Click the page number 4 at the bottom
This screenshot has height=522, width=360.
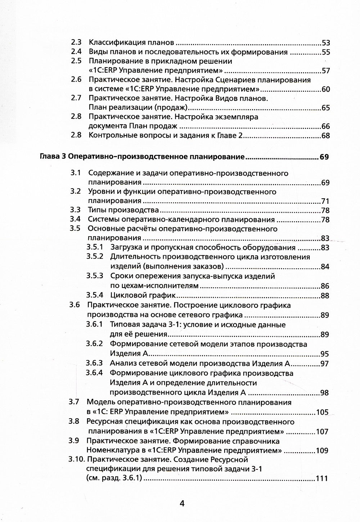tap(182, 503)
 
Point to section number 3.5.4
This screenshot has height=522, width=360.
tap(95, 296)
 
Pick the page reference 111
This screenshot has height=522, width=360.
tap(321, 479)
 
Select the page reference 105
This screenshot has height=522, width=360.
tap(322, 412)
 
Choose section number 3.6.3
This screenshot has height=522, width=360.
tap(94, 363)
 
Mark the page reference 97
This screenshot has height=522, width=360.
tap(325, 364)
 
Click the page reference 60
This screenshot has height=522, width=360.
tap(326, 89)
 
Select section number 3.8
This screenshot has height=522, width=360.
tap(74, 422)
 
